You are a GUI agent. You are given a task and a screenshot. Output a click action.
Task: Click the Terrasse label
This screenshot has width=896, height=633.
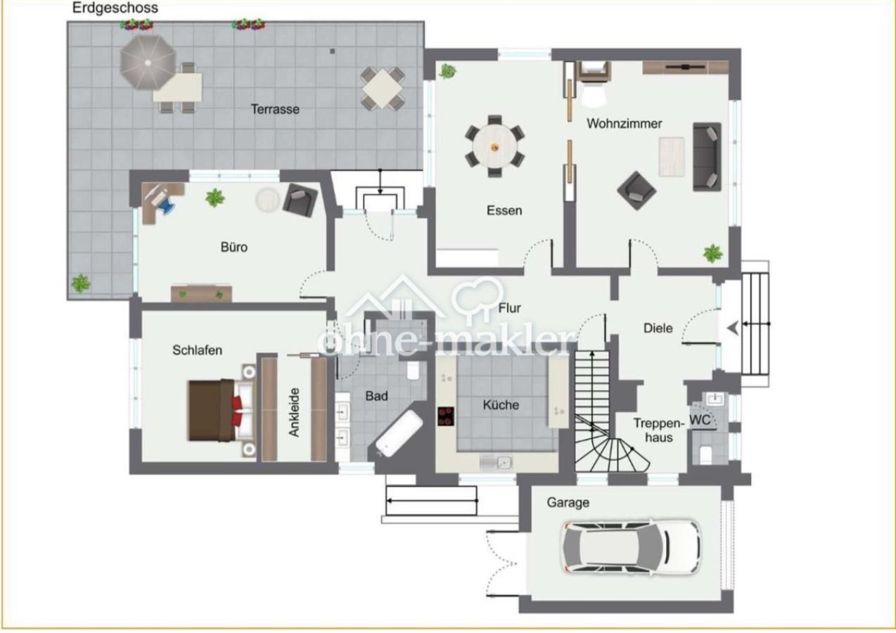coord(275,109)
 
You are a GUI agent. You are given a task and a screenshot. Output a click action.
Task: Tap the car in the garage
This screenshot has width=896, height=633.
coord(632,547)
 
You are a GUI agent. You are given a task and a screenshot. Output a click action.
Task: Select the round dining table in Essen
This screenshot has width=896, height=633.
coord(494,146)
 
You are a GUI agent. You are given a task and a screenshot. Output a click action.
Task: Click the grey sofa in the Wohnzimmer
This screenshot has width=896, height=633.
coord(707,156)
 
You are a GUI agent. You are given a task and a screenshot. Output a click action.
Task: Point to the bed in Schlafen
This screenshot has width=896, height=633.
coord(222,411)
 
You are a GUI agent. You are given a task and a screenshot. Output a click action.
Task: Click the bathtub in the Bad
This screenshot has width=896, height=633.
coord(399,434)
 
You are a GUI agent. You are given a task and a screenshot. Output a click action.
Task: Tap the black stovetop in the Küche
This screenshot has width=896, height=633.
coord(446,416)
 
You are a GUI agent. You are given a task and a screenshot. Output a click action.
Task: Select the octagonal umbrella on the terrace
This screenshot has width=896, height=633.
coord(148,63)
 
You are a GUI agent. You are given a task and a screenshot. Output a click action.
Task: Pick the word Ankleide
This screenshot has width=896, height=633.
coord(295,412)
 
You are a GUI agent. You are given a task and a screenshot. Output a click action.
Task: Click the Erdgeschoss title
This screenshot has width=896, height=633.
coord(115,8)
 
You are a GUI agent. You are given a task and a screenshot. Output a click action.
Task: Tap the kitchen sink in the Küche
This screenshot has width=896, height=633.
coord(496,463)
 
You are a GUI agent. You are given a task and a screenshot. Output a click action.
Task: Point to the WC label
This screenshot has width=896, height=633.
coord(700,420)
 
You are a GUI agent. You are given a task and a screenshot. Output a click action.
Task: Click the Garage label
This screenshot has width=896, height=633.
coord(568,503)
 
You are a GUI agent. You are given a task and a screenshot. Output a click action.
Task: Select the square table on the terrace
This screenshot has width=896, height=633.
coord(383,88)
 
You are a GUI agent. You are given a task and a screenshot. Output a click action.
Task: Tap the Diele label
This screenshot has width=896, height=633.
coord(658,328)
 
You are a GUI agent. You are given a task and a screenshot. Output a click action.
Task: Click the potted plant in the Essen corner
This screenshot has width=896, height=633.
coord(447,71)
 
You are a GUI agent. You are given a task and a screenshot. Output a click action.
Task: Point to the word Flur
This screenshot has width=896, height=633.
coord(510,307)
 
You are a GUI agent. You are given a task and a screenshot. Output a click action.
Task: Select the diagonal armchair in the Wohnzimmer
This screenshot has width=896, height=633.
coord(636,191)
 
